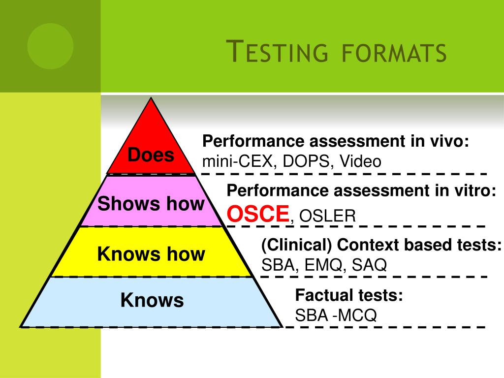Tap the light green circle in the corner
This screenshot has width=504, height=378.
(50, 46)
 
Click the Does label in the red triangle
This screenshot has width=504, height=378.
(151, 155)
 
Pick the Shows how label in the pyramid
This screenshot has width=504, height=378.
(151, 203)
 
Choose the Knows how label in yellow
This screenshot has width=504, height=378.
(151, 254)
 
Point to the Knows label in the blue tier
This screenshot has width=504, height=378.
(152, 300)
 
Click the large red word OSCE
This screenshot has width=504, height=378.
(257, 214)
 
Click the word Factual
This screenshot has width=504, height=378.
(322, 295)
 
